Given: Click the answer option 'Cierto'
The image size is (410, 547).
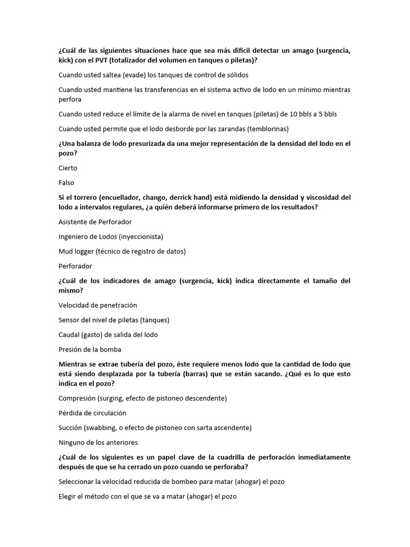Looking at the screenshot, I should tap(68, 168).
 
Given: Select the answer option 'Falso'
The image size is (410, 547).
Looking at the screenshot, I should tap(67, 183).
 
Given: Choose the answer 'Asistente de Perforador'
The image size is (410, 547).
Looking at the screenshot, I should tap(95, 222).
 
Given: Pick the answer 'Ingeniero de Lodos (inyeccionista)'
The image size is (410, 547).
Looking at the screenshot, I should tap(111, 236).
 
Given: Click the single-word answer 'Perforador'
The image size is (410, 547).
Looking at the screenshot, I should tap(75, 266).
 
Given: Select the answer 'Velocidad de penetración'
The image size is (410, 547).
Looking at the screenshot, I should tap(98, 305).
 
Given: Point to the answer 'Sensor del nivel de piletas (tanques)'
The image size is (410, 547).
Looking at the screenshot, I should tap(114, 320).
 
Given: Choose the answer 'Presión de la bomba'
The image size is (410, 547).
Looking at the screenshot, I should tap(90, 349).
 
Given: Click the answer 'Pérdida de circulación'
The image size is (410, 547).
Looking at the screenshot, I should tap(92, 413).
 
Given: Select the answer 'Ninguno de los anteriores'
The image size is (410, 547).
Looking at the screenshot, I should tap(98, 442).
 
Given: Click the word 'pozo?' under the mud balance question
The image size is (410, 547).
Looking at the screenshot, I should tap(68, 153).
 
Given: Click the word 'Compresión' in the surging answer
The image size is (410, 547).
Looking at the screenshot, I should tap(77, 398).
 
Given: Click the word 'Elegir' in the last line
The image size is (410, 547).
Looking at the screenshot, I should tap(68, 496).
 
